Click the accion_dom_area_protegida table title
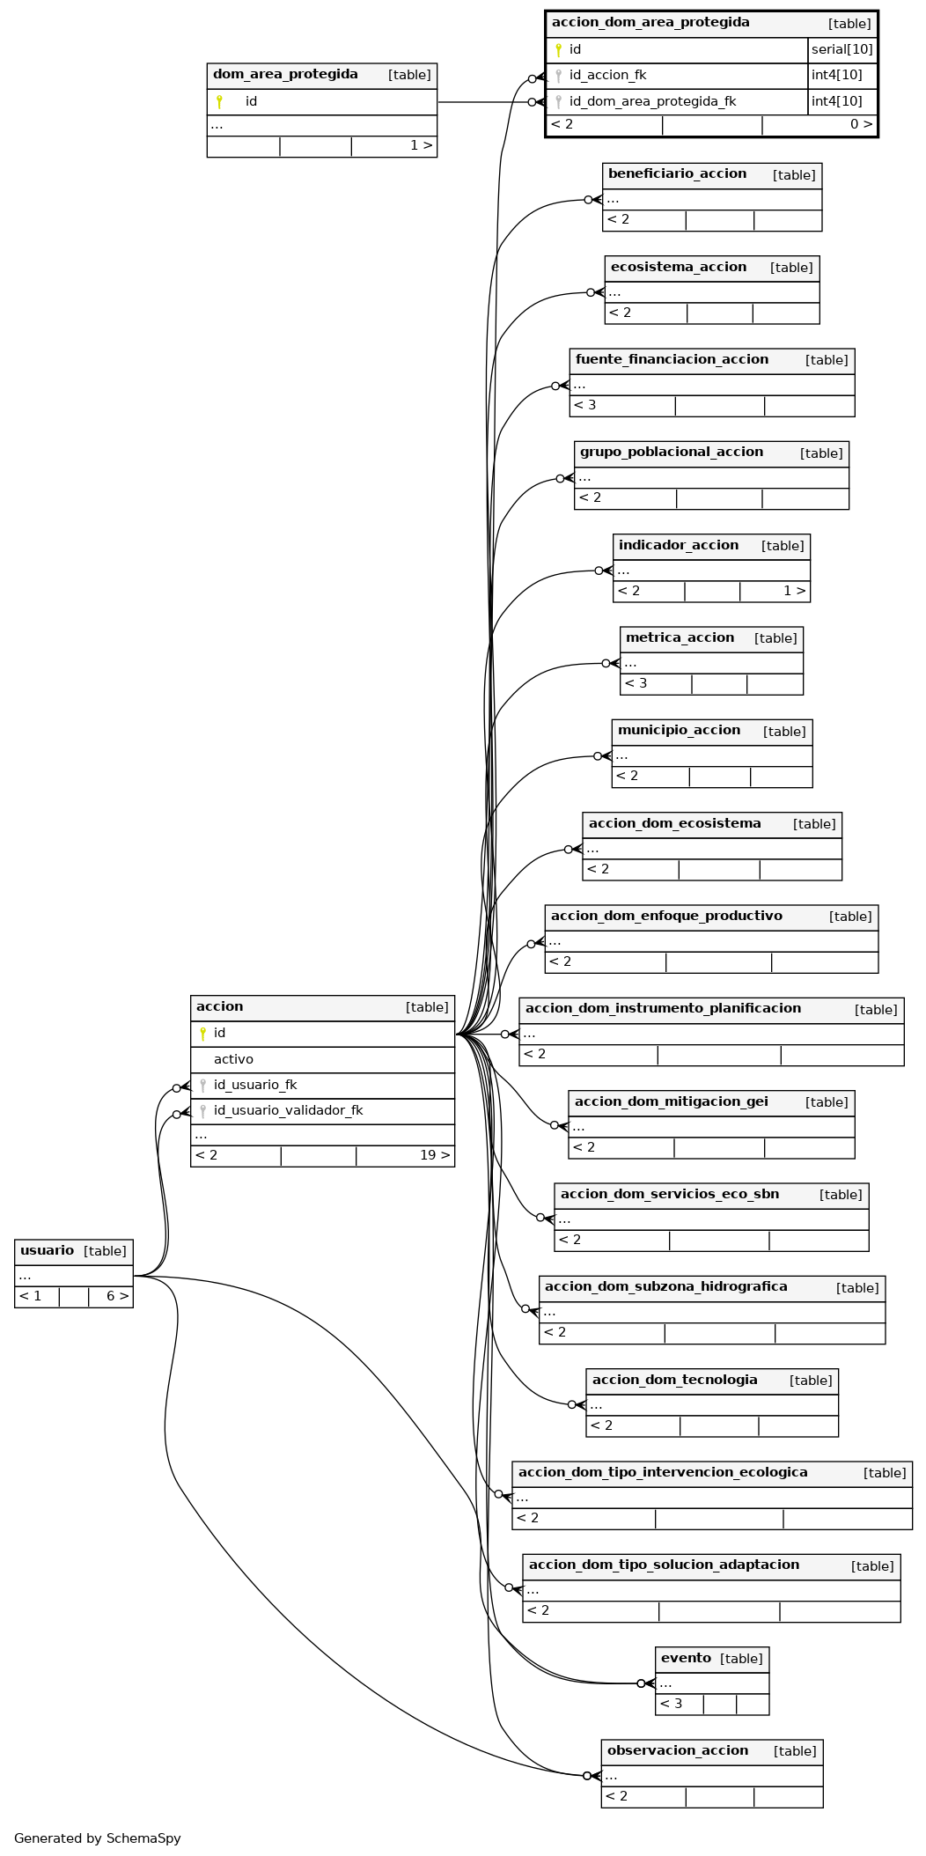tap(650, 23)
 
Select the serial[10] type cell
tap(842, 49)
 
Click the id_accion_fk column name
tap(607, 76)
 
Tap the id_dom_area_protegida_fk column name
tap(652, 101)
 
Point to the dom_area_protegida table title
tap(285, 75)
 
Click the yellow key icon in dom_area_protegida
tap(219, 102)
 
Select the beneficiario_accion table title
tap(677, 174)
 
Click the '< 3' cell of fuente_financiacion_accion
tap(622, 406)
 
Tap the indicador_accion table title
tap(678, 546)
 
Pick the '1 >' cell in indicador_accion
tap(775, 592)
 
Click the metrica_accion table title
tap(680, 638)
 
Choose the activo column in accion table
tap(233, 1059)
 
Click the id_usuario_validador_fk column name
tap(288, 1111)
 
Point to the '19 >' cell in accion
tap(406, 1156)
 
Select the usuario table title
tap(47, 1251)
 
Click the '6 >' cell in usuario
tap(111, 1297)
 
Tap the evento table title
tap(686, 1659)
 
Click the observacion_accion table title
tap(678, 1751)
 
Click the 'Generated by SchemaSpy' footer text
tap(98, 1838)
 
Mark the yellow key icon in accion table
tap(202, 1034)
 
